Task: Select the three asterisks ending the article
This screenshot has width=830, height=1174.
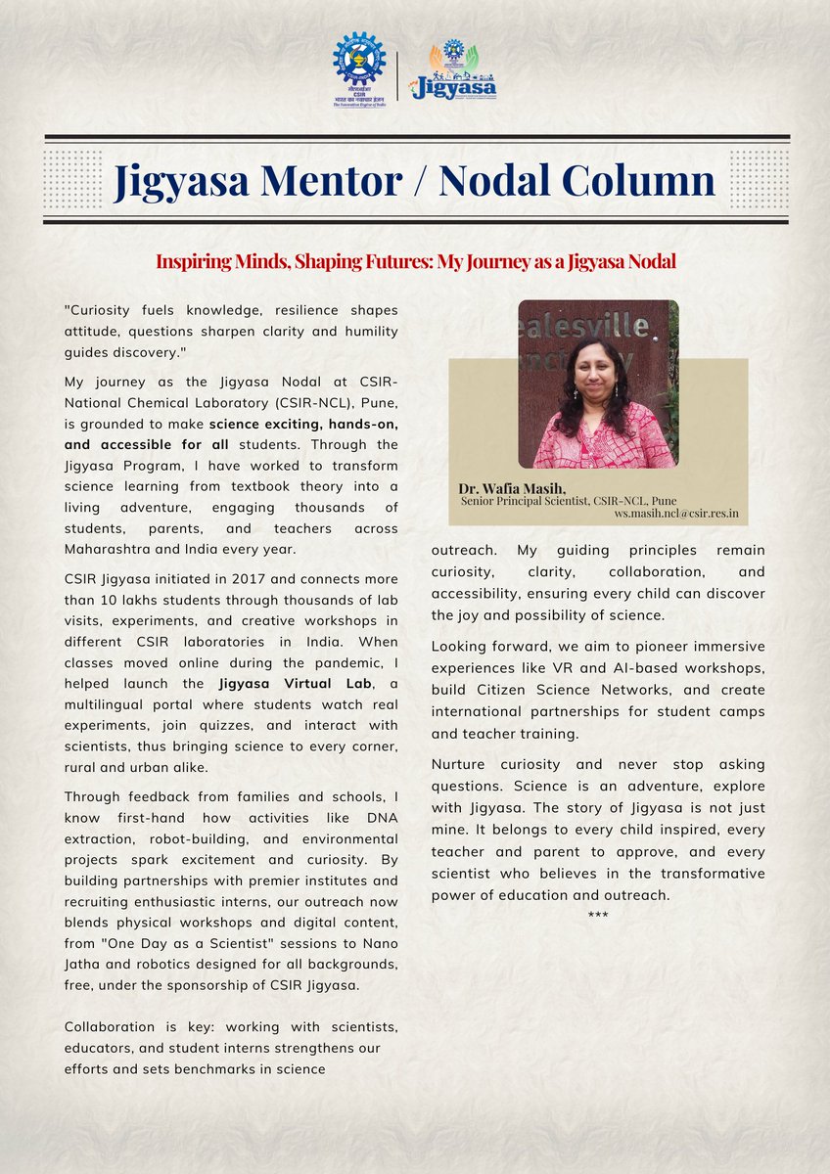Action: (598, 915)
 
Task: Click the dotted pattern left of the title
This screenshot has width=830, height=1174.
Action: (73, 180)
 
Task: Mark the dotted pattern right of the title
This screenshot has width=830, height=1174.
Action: (759, 180)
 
